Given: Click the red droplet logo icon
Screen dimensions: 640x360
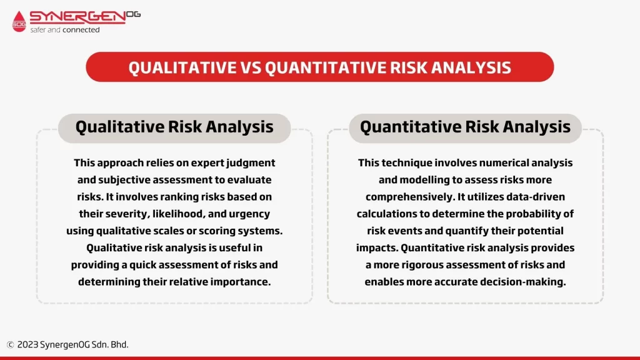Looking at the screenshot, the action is pyautogui.click(x=19, y=21).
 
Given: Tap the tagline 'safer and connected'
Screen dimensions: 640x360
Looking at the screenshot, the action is pyautogui.click(x=65, y=30).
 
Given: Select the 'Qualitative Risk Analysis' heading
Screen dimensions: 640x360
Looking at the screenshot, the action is pyautogui.click(x=174, y=127).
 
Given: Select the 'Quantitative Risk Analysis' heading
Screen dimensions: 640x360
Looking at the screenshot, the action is pyautogui.click(x=465, y=127).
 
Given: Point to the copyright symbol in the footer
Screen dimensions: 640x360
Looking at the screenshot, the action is pyautogui.click(x=10, y=345).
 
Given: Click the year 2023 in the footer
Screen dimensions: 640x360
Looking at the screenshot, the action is pyautogui.click(x=27, y=344).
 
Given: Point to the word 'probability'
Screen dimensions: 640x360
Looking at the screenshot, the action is pyautogui.click(x=532, y=214).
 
